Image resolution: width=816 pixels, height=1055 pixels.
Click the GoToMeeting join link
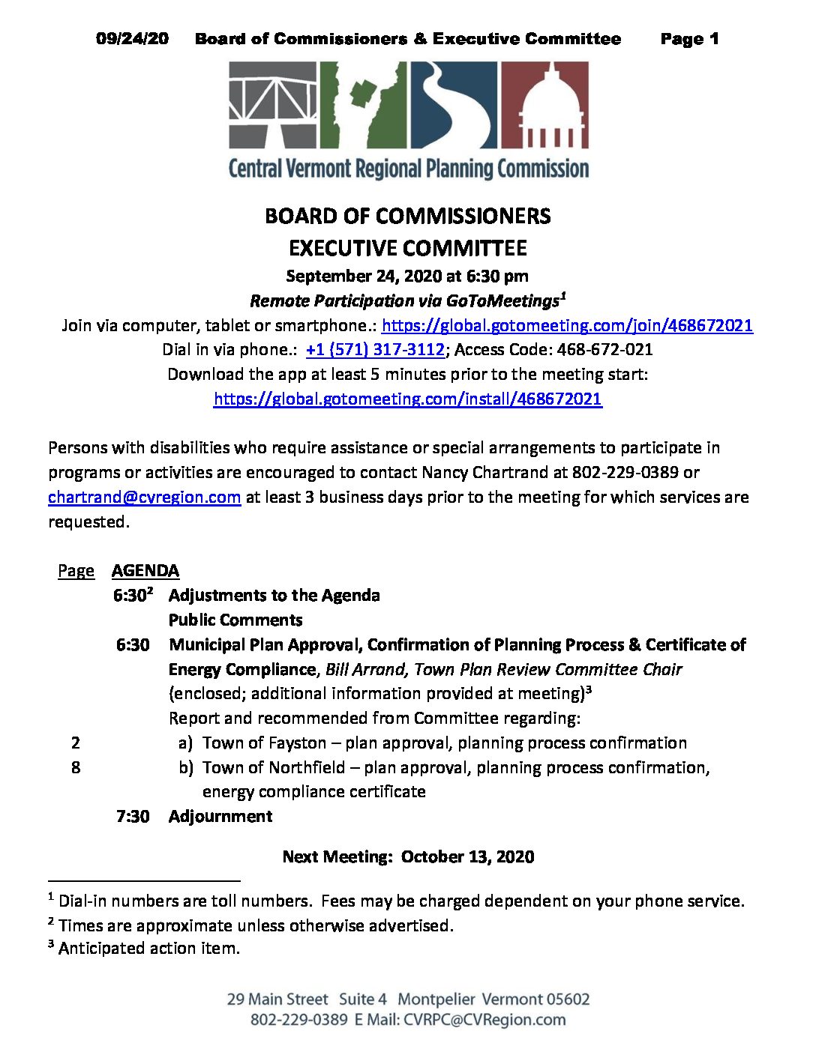[567, 325]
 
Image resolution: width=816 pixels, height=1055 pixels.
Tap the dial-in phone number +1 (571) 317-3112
[375, 350]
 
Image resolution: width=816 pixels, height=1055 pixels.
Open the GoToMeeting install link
[407, 399]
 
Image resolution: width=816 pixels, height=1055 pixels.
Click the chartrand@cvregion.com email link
[144, 498]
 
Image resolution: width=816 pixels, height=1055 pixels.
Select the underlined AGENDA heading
[145, 571]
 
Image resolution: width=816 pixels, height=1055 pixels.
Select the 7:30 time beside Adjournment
[133, 817]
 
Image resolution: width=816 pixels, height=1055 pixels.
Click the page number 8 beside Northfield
[76, 767]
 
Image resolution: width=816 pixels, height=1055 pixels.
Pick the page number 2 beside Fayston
[76, 743]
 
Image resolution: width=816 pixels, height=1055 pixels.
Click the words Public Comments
[235, 620]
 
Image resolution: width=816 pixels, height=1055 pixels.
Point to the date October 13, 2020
[467, 857]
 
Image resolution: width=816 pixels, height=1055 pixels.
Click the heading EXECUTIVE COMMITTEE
[407, 248]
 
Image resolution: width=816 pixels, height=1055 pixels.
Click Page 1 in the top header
[689, 39]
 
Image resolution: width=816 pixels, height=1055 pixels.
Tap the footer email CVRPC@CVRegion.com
[484, 1020]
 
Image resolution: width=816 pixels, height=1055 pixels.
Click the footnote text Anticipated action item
[149, 949]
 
